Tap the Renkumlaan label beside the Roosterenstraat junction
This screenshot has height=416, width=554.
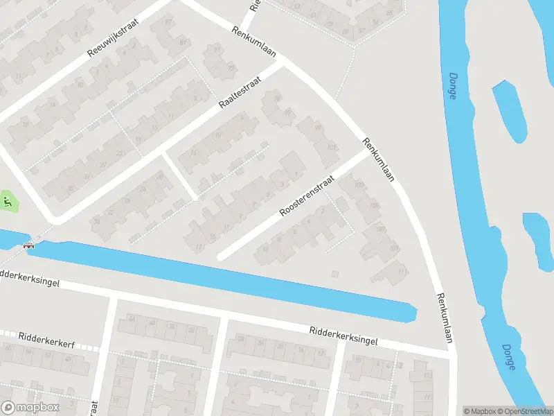click(x=379, y=160)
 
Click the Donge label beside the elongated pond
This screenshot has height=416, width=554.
click(x=452, y=86)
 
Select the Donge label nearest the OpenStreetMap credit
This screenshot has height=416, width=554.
click(x=509, y=357)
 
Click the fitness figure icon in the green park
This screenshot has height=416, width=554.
click(x=8, y=202)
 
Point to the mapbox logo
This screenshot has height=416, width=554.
click(x=31, y=408)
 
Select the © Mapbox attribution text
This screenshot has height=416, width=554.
click(x=479, y=410)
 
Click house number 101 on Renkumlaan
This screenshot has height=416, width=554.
click(x=332, y=147)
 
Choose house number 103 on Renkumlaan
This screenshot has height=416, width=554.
click(x=359, y=185)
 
